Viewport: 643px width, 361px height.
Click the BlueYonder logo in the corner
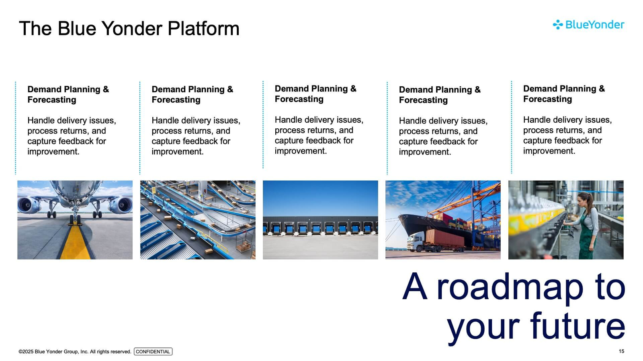(588, 24)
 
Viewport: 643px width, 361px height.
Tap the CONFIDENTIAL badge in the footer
(153, 351)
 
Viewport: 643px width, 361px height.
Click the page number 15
(621, 351)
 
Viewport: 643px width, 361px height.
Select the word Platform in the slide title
(203, 28)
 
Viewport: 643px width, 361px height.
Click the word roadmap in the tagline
(510, 287)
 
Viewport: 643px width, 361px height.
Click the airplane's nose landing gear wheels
(75, 220)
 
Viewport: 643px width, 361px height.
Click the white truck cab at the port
(415, 241)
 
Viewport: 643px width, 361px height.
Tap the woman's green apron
(586, 235)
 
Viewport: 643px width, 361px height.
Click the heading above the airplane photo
(68, 95)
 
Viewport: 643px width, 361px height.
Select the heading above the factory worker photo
(564, 94)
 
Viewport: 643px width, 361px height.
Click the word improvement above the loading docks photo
(301, 151)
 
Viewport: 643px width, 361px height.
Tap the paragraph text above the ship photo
(443, 136)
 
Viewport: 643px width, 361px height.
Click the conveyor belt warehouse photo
(198, 220)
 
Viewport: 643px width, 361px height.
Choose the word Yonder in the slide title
(132, 28)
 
